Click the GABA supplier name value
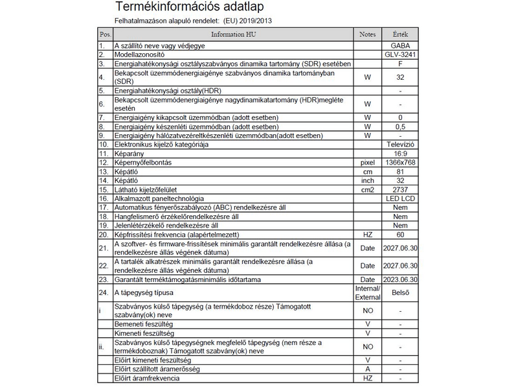pos(400,46)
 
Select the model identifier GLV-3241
pos(400,55)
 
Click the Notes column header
pos(367,34)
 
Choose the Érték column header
pos(401,34)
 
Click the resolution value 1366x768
pos(401,162)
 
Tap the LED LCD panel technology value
pos(401,198)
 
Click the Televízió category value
pos(401,144)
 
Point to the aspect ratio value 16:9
pos(401,153)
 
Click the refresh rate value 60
pos(401,234)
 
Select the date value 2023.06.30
pos(401,279)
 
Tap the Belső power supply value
pos(401,292)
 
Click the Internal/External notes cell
pos(367,292)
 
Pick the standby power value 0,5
pos(401,126)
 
